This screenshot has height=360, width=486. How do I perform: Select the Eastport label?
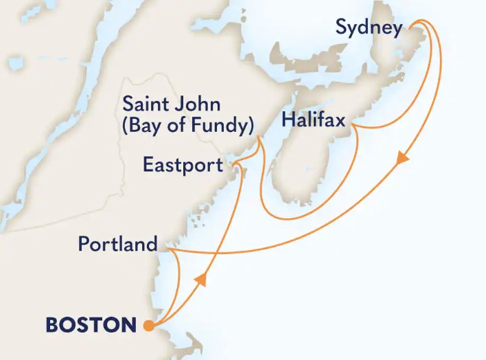183,165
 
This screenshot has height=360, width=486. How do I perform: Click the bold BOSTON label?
91,324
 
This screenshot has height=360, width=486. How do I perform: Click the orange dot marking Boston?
148,326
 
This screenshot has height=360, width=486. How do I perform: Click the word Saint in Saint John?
142,106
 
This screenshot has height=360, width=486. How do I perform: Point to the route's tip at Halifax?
352,126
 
